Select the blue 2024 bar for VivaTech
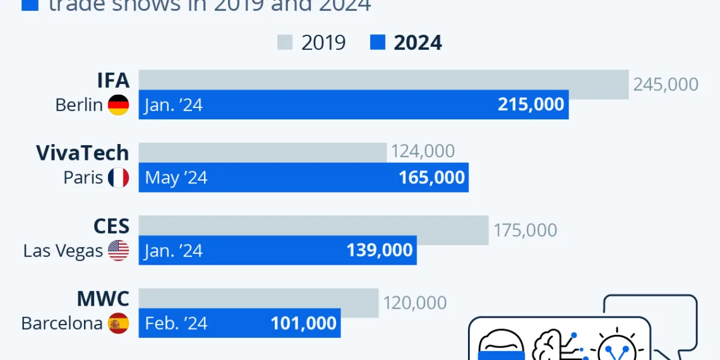click(x=303, y=177)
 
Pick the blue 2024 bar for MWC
click(x=239, y=323)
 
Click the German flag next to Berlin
click(x=118, y=105)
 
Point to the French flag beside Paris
click(x=118, y=177)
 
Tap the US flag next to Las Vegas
click(x=118, y=251)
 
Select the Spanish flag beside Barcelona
click(x=118, y=323)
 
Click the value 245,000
click(x=666, y=85)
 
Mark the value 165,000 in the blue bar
click(x=431, y=177)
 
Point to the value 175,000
click(x=525, y=230)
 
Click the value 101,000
click(x=303, y=323)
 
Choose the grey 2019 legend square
click(x=285, y=42)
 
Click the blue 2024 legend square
click(x=377, y=42)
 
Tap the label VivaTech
click(x=82, y=153)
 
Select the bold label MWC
click(x=103, y=299)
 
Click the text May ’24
click(x=176, y=178)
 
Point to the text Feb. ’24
click(x=176, y=323)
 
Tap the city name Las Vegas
click(x=63, y=251)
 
